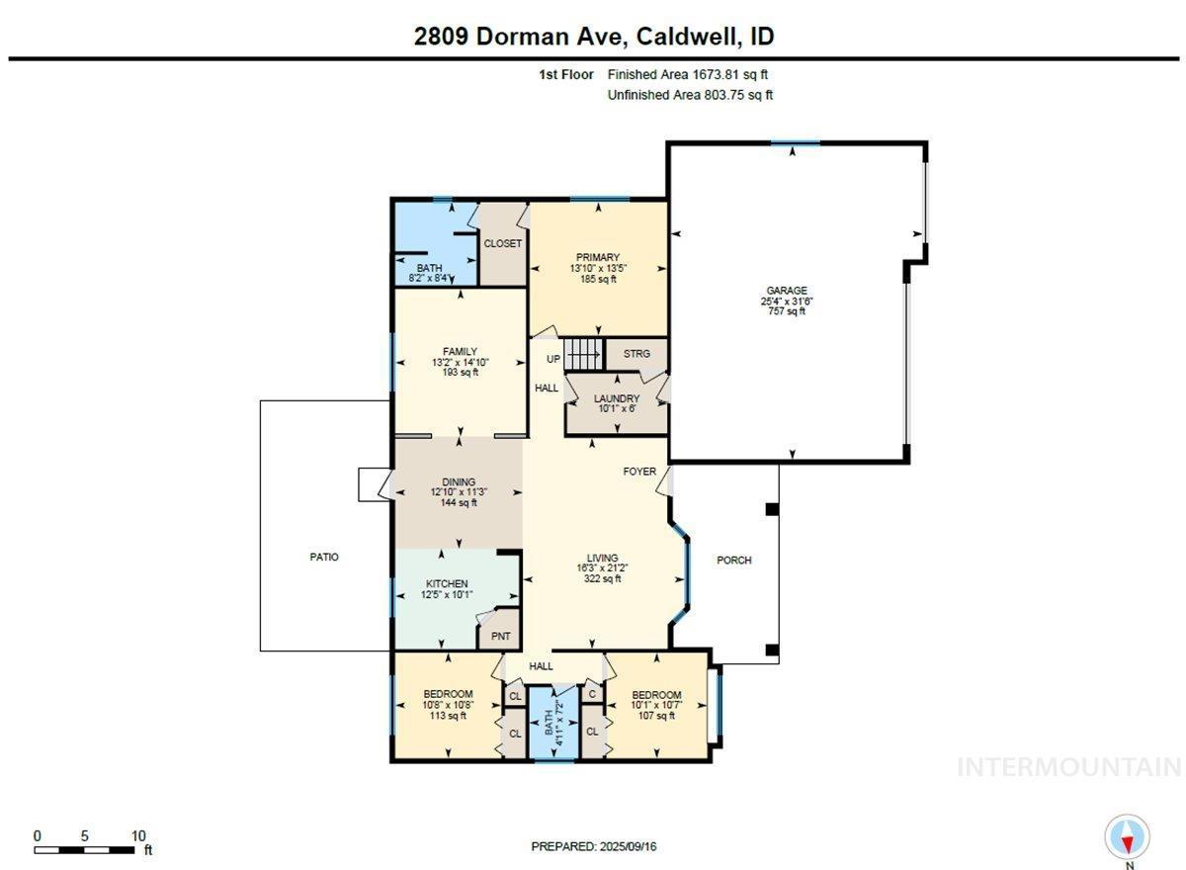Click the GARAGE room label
click(x=787, y=291)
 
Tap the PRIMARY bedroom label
click(x=598, y=257)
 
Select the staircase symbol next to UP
click(x=583, y=355)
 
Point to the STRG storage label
click(x=636, y=353)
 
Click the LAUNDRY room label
click(x=617, y=398)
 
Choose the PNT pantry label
click(x=500, y=636)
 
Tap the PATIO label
click(x=324, y=557)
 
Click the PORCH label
click(x=733, y=560)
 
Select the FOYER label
click(x=639, y=471)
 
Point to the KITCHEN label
click(x=447, y=583)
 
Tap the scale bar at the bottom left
click(x=84, y=850)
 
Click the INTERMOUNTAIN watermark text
click(x=1070, y=767)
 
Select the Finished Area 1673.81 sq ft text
click(x=687, y=75)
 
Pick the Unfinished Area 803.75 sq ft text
click(x=690, y=95)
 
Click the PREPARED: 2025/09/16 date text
click(x=594, y=846)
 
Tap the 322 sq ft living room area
click(x=602, y=578)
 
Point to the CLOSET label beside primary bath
click(x=502, y=243)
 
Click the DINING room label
click(x=459, y=481)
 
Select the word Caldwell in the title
click(x=685, y=36)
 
